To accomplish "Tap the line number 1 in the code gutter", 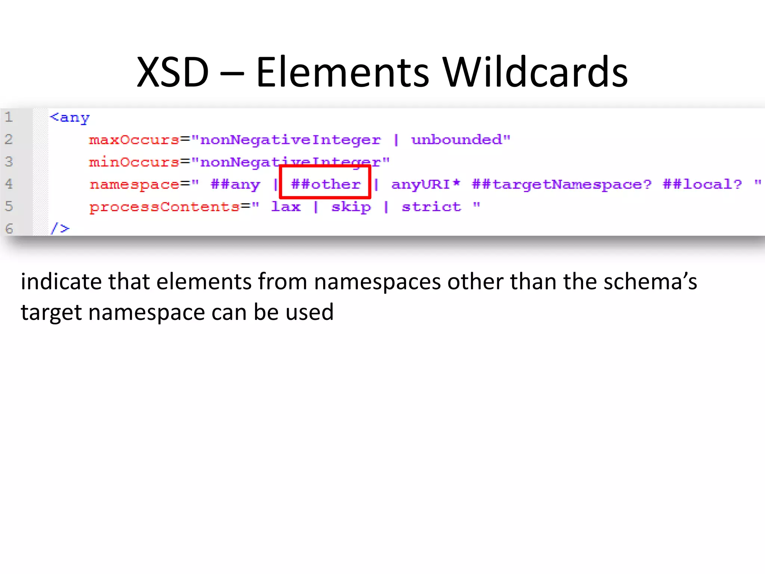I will pos(9,117).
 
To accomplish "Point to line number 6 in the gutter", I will pos(9,228).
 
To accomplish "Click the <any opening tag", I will pos(70,118).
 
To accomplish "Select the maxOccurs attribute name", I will pos(134,140).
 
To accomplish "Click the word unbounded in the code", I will pos(456,140).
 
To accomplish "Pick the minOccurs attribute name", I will pos(134,162).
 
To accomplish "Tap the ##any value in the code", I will pos(235,185).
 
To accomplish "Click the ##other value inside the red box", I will pos(326,184).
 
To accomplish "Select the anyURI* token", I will pos(425,184).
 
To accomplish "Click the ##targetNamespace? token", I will pos(561,185).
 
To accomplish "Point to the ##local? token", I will pos(702,184).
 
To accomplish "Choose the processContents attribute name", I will pos(164,207).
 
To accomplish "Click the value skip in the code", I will pos(351,207).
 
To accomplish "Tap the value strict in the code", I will pos(431,207).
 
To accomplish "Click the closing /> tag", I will pos(60,228).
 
